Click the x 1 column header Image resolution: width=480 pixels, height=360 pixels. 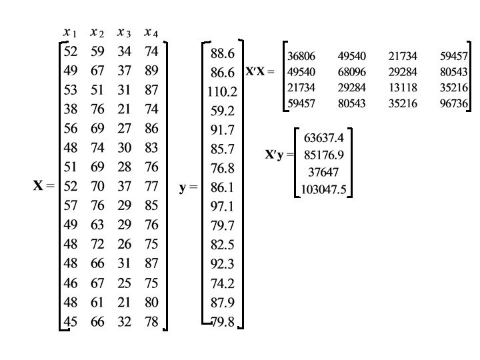tap(70, 33)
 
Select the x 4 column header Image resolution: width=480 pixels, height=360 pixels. tap(151, 33)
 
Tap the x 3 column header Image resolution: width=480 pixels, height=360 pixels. tap(124, 33)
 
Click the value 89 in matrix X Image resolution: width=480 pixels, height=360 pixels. tap(151, 71)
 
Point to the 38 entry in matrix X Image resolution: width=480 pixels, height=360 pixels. tap(70, 109)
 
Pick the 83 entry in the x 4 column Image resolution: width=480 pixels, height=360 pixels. tap(151, 148)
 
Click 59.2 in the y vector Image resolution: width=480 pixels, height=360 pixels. tap(222, 111)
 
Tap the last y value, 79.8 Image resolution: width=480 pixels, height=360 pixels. tap(222, 323)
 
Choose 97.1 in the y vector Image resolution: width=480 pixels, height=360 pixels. tap(222, 207)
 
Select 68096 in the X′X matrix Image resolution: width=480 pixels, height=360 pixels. tap(351, 71)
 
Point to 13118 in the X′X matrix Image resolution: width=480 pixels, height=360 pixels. tap(402, 87)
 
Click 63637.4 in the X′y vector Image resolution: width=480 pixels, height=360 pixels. tap(323, 139)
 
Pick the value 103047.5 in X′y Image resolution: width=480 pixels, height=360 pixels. tap(323, 189)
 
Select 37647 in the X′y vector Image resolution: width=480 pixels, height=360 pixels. tap(323, 173)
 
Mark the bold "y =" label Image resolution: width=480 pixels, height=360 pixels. tap(189, 187)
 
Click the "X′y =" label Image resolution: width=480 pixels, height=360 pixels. tap(279, 156)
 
